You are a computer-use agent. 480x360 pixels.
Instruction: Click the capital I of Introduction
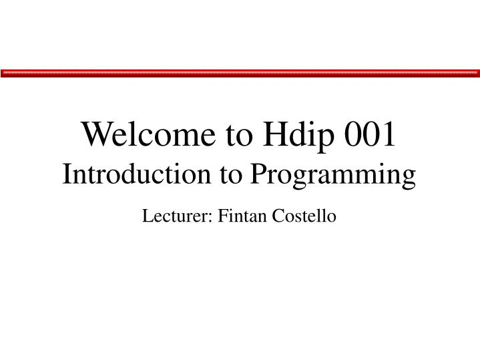tap(67, 174)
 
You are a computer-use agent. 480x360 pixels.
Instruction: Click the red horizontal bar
tap(240, 73)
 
